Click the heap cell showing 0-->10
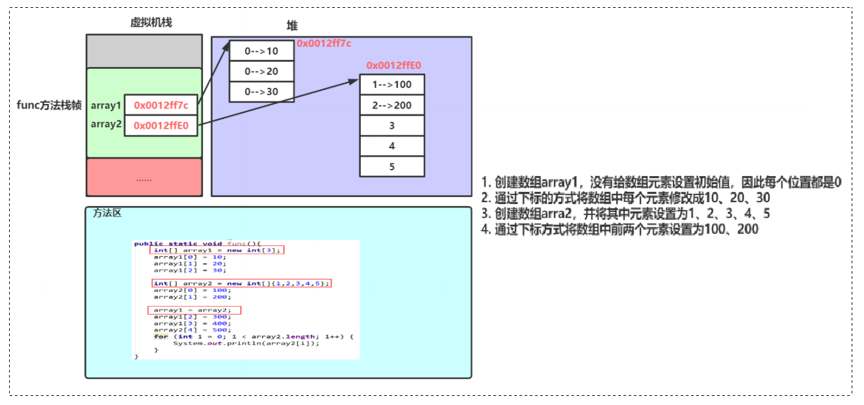(261, 51)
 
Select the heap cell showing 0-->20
(261, 72)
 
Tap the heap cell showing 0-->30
(261, 92)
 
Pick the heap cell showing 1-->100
(392, 85)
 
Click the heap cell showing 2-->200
(392, 105)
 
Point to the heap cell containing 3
(392, 125)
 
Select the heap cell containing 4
(392, 146)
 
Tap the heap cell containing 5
(392, 166)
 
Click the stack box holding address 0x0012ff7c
(161, 105)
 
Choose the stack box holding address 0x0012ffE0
(161, 125)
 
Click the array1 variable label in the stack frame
(106, 105)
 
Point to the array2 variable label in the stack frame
(106, 124)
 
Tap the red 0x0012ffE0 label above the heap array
(394, 65)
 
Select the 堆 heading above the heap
(293, 25)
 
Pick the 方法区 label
(107, 213)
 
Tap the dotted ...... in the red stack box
(144, 178)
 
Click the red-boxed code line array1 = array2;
(194, 310)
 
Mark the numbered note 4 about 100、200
(620, 229)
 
